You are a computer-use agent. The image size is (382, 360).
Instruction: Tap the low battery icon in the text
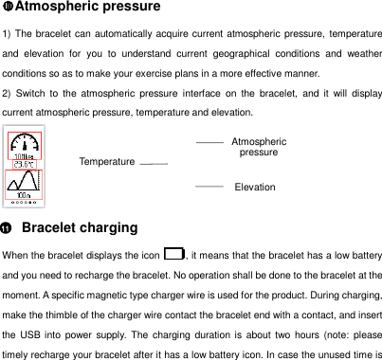(173, 253)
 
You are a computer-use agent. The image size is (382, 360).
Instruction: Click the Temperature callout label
(107, 162)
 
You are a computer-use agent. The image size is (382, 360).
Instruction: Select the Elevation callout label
(255, 188)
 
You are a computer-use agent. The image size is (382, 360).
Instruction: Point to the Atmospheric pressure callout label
(259, 146)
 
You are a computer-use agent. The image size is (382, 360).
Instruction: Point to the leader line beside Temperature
(153, 164)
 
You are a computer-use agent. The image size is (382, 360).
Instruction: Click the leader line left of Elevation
(209, 188)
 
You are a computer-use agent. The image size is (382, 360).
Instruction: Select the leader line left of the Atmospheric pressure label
(209, 141)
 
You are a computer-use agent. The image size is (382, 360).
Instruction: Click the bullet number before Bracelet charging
(8, 228)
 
